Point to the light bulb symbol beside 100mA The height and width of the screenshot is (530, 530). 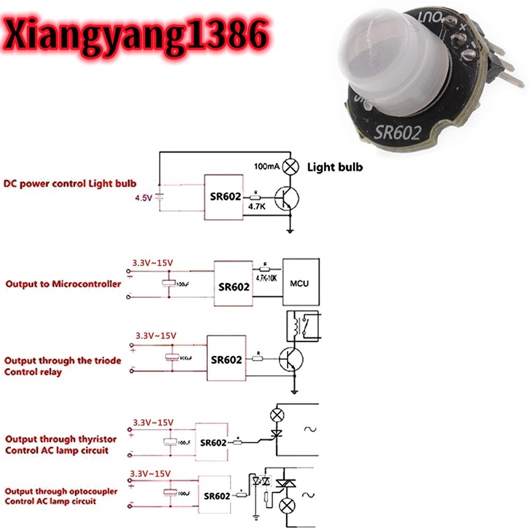[x=290, y=167]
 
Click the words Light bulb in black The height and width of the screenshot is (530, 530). [x=335, y=167]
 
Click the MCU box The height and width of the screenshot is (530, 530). [x=302, y=282]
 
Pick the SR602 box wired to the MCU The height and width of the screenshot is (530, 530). [x=233, y=284]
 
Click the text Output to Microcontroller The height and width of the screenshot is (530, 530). [x=63, y=284]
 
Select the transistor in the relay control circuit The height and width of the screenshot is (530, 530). [x=290, y=359]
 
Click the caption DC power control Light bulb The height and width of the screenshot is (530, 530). [x=70, y=184]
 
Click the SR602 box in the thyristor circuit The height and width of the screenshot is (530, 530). [x=212, y=443]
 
